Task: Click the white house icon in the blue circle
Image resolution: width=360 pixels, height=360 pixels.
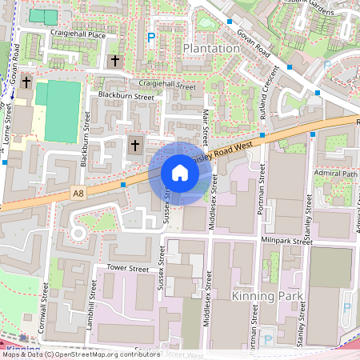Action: pos(180,173)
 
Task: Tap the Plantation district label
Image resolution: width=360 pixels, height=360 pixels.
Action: pos(211,48)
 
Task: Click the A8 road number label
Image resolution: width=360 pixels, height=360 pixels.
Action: pos(77,193)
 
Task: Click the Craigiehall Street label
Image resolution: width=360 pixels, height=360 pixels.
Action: pos(167,85)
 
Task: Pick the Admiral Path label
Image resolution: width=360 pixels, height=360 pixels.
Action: pos(338,173)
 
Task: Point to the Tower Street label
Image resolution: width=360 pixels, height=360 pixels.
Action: pos(128,270)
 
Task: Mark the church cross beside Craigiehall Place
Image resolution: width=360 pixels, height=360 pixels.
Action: pos(114,61)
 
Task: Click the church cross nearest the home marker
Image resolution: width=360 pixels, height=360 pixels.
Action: pos(134,146)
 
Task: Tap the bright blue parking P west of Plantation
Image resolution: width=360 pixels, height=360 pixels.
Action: pos(151,37)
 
